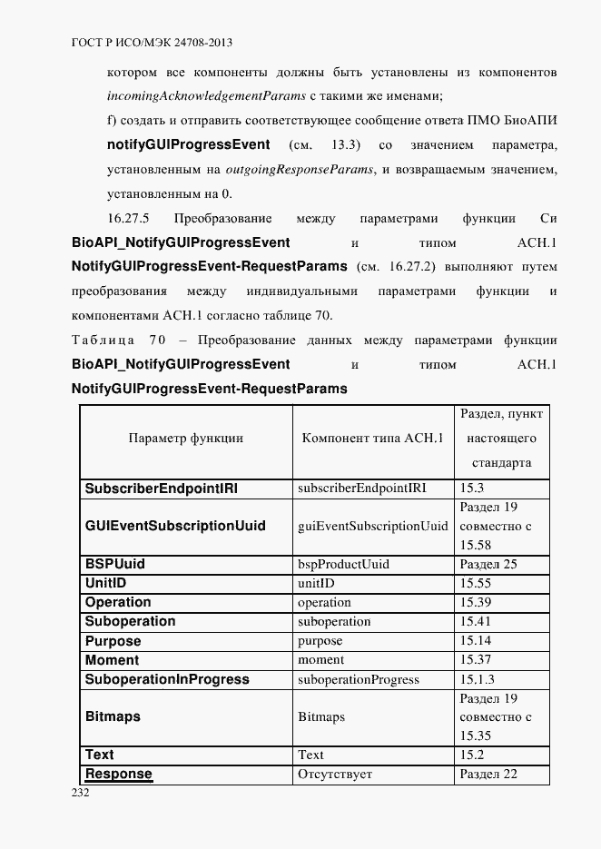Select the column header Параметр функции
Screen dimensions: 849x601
[x=186, y=438]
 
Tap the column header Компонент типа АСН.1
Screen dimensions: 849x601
[x=372, y=438]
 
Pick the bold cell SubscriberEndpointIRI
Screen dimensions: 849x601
[x=162, y=488]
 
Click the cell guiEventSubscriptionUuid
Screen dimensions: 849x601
[x=372, y=526]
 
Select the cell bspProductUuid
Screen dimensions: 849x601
[x=343, y=564]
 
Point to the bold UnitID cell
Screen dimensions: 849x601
[x=104, y=583]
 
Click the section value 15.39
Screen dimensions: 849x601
[x=476, y=602]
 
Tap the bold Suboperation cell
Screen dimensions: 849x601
[x=130, y=621]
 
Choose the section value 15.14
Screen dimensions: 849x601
[x=476, y=640]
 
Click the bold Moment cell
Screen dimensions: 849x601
[x=112, y=660]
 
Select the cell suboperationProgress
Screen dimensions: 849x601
[x=359, y=679]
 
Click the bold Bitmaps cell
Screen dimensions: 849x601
[x=113, y=716]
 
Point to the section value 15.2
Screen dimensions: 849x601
[x=472, y=755]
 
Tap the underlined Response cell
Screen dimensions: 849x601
[x=118, y=775]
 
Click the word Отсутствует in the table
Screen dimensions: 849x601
[x=335, y=775]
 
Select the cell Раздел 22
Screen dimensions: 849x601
[x=488, y=775]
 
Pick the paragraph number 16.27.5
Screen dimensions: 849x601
[x=128, y=218]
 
